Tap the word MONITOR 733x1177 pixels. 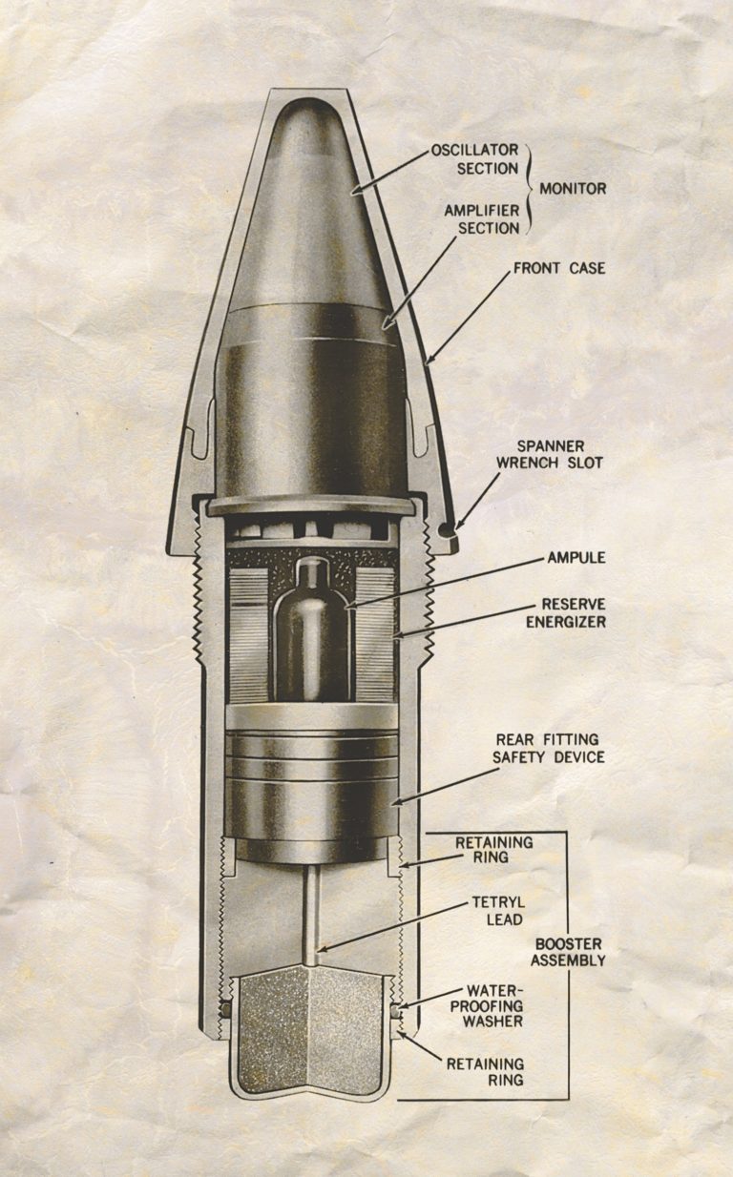click(x=573, y=189)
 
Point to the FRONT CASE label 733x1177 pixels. click(x=559, y=268)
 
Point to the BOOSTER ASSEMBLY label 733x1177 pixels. click(x=569, y=951)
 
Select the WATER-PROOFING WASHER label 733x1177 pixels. click(x=493, y=1005)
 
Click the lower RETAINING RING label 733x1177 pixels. click(x=485, y=1071)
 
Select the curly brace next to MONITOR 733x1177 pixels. click(x=529, y=189)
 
